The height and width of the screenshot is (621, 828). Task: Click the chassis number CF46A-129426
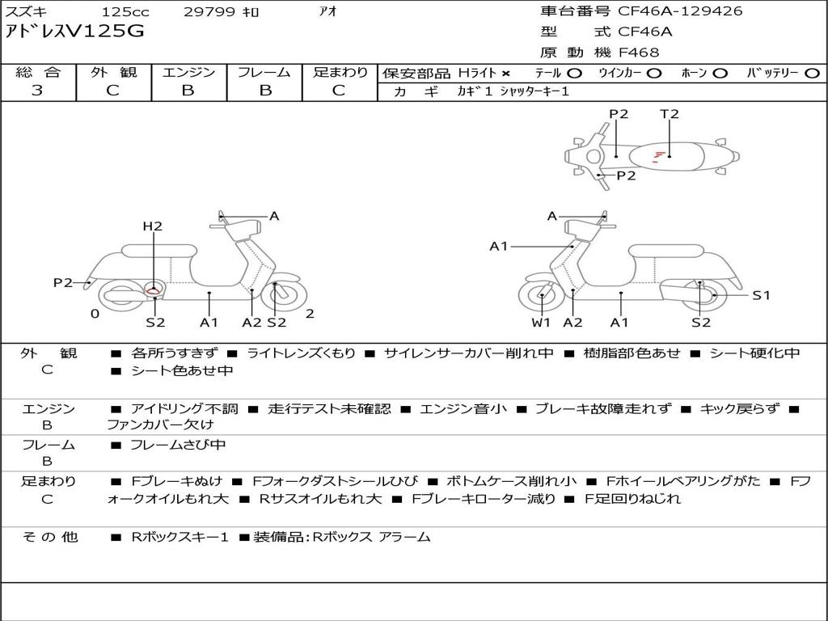[680, 11]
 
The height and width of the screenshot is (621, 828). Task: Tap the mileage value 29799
[209, 12]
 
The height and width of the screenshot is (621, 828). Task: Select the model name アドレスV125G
[75, 32]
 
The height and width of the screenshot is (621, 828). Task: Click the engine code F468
[639, 53]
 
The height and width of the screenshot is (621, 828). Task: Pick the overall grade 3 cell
[37, 91]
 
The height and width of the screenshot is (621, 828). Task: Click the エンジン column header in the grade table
[188, 72]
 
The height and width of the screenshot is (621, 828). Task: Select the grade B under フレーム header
[264, 91]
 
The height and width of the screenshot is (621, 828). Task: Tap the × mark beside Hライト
[505, 73]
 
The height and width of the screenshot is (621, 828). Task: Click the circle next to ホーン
[720, 73]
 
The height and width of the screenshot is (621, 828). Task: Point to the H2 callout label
[153, 226]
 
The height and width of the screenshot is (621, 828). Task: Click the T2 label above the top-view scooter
[670, 114]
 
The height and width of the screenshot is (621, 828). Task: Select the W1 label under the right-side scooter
[541, 323]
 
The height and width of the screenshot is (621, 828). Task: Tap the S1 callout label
[762, 295]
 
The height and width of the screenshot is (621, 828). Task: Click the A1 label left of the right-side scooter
[499, 246]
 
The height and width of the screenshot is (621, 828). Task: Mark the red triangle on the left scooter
[153, 288]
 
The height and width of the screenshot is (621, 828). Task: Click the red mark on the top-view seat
[659, 154]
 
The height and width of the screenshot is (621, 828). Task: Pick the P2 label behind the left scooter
[63, 282]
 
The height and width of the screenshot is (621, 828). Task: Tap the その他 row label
[49, 537]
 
